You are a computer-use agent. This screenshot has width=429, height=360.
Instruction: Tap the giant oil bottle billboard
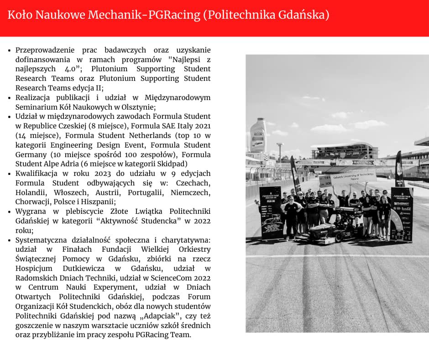[x=258, y=135]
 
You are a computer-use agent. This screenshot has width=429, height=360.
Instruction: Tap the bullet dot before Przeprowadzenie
[x=10, y=50]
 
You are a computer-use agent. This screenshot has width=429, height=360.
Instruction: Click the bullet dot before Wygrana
[x=10, y=212]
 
